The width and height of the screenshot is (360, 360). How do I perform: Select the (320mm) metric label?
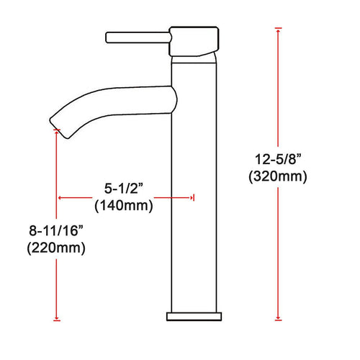pyautogui.click(x=276, y=176)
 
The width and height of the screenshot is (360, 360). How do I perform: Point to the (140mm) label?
pyautogui.click(x=124, y=206)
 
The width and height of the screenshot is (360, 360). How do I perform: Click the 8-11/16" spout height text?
pyautogui.click(x=56, y=232)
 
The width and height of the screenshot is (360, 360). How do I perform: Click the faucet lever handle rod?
pyautogui.click(x=137, y=36)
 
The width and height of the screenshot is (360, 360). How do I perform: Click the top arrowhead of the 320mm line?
pyautogui.click(x=277, y=31)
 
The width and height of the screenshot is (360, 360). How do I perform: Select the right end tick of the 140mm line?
pyautogui.click(x=192, y=196)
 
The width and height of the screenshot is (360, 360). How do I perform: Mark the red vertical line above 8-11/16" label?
pyautogui.click(x=56, y=180)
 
